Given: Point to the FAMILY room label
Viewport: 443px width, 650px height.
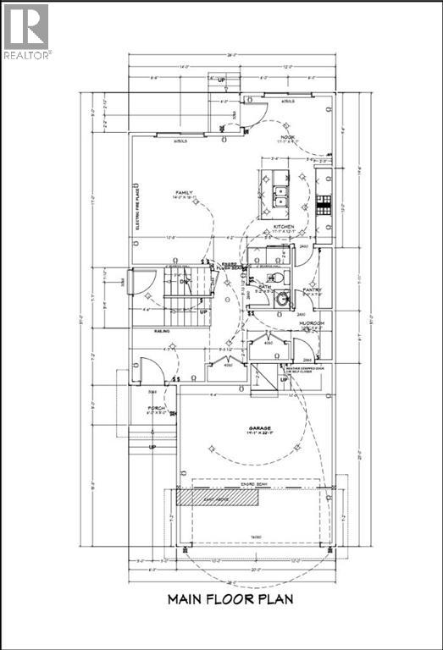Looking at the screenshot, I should point(185,193).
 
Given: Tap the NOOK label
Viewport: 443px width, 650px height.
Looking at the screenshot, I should point(288,135).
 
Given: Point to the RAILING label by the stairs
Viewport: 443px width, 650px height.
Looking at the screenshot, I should point(162,331).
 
